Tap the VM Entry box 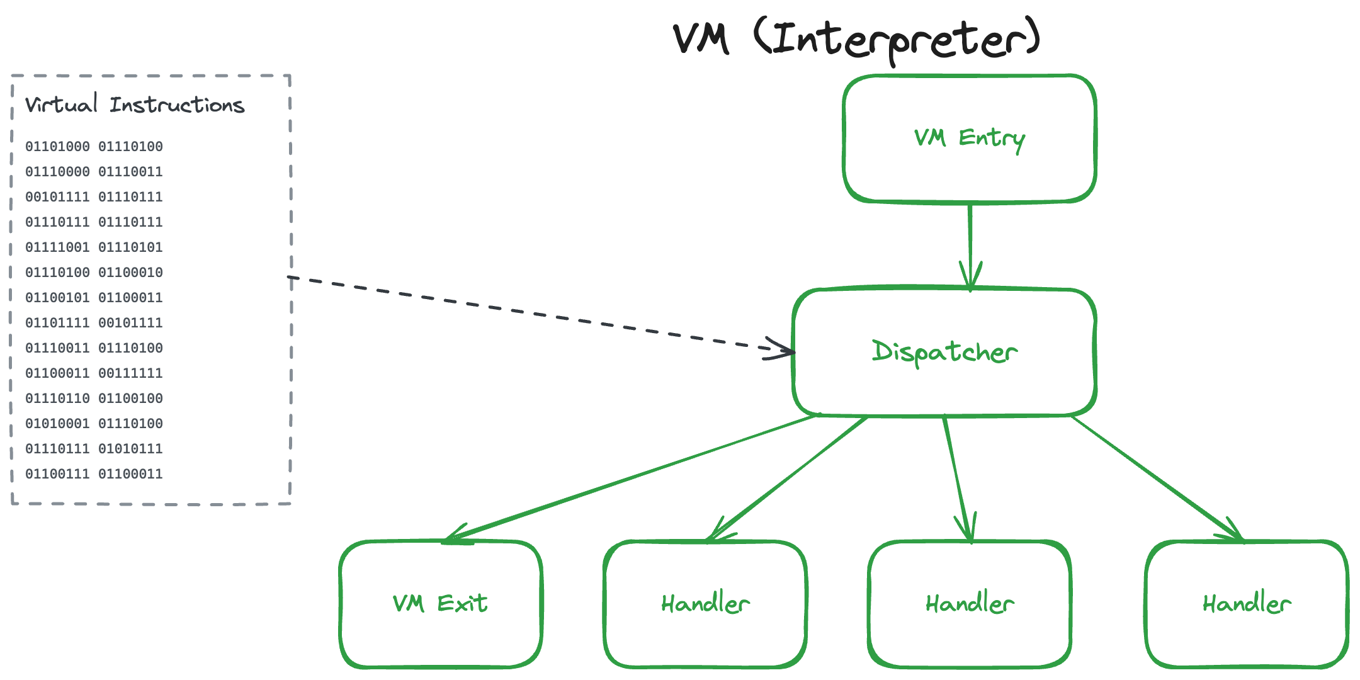[970, 139]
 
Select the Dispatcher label [944, 352]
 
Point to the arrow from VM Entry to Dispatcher [970, 246]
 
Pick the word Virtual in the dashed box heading [61, 104]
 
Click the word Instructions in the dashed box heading [177, 105]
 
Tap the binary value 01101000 [57, 147]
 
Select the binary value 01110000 [57, 172]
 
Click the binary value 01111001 [57, 247]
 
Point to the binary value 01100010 [130, 273]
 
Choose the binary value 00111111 [130, 373]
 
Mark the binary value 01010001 [57, 424]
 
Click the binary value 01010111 [130, 449]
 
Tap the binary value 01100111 [57, 474]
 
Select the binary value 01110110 [57, 399]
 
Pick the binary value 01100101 [57, 298]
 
